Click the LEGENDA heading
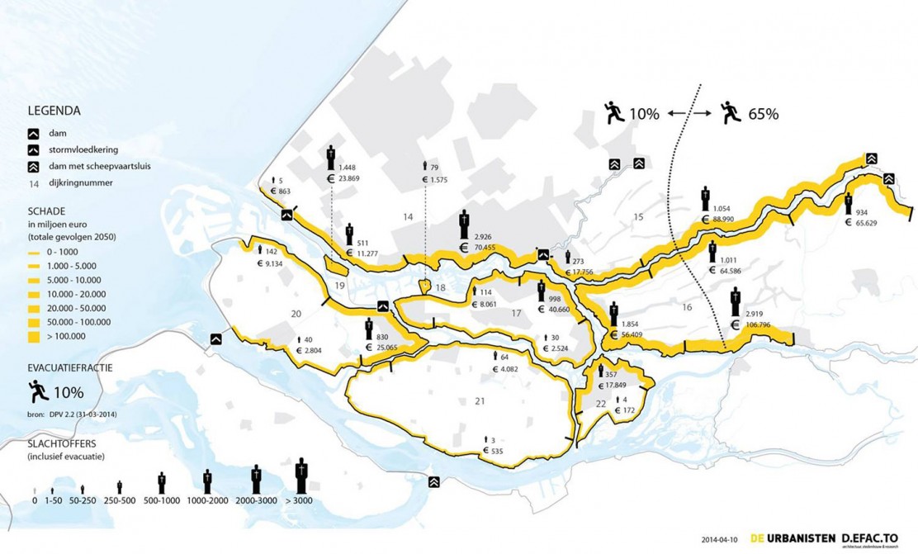point(54,111)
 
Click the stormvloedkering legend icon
point(35,149)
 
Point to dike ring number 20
point(296,314)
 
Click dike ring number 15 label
point(637,217)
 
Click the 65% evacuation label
point(762,114)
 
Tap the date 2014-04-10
point(720,537)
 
